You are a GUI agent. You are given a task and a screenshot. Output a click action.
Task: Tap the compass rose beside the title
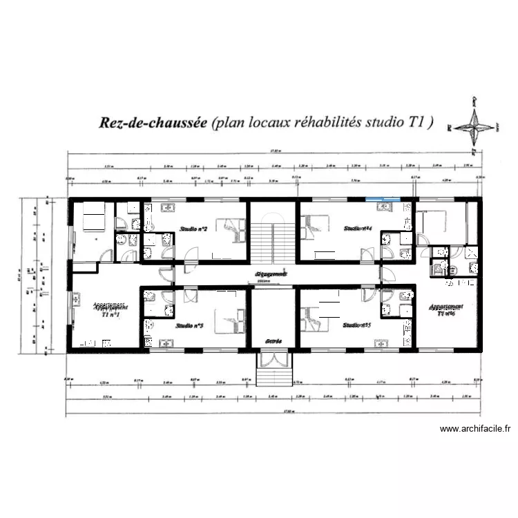pyautogui.click(x=474, y=126)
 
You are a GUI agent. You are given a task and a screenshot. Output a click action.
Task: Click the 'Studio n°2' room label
pyautogui.click(x=193, y=228)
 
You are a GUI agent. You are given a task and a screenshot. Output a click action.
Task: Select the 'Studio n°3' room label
pyautogui.click(x=189, y=325)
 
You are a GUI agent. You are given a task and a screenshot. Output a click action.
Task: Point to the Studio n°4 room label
pyautogui.click(x=358, y=228)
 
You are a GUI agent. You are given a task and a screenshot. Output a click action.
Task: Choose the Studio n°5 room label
pyautogui.click(x=357, y=325)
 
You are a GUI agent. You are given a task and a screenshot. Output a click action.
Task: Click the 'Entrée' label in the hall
pyautogui.click(x=274, y=341)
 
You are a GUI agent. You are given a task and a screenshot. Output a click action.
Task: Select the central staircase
pyautogui.click(x=274, y=238)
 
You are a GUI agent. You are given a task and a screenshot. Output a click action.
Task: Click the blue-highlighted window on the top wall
pyautogui.click(x=382, y=201)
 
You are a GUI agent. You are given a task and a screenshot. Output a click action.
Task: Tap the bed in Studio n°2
pyautogui.click(x=230, y=227)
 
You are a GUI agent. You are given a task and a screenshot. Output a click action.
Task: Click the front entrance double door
pyautogui.click(x=274, y=360)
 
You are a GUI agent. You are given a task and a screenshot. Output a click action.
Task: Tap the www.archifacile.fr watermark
pyautogui.click(x=475, y=429)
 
